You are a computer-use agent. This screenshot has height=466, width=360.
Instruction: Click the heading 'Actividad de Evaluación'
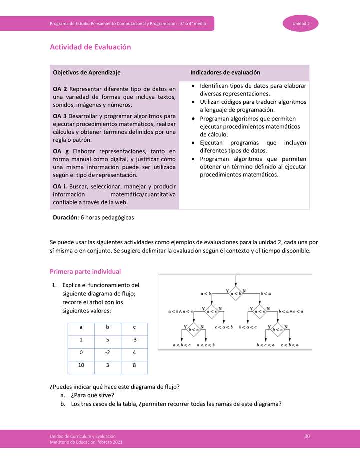tap(90, 47)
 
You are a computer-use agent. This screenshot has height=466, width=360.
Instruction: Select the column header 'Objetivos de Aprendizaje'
tap(86, 72)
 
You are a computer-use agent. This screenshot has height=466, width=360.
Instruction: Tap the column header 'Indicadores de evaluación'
tap(225, 72)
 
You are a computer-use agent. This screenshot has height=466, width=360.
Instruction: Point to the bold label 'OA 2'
tap(60, 89)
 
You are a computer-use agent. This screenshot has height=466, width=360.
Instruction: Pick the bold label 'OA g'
tap(60, 151)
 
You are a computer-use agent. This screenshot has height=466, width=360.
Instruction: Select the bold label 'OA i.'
tap(61, 186)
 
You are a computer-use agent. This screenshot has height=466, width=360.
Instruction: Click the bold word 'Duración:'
tap(66, 217)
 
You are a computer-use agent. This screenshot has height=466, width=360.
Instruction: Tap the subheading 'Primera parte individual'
tap(85, 271)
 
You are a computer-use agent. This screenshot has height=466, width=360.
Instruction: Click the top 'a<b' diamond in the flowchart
tap(236, 293)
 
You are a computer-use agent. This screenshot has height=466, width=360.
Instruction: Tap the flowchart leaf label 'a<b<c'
tap(182, 345)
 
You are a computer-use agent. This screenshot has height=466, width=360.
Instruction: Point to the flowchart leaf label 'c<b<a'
tap(290, 345)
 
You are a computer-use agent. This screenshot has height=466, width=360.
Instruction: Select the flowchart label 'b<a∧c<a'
tap(292, 312)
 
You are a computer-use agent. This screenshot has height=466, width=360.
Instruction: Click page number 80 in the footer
tap(307, 436)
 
